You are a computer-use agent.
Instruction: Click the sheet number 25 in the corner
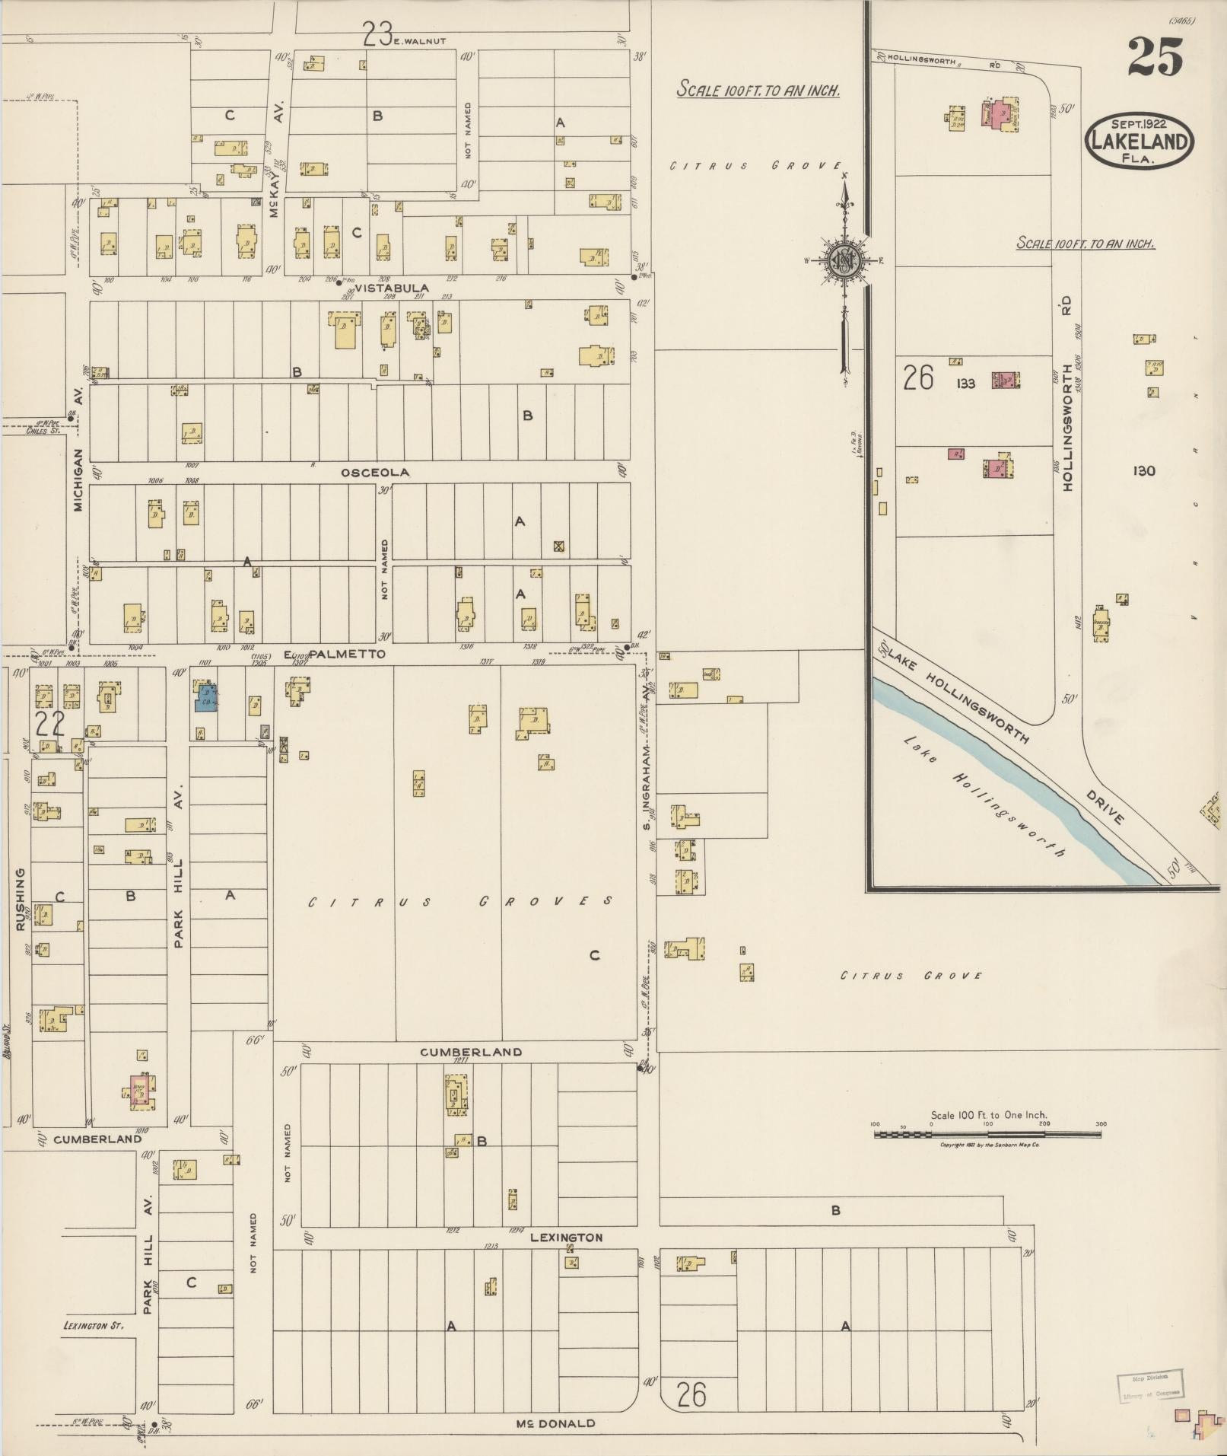1155,58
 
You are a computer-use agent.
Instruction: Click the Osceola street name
375,473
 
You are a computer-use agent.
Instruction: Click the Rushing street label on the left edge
20,905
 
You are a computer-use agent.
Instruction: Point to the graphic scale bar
987,1134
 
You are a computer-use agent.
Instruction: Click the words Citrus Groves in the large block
461,902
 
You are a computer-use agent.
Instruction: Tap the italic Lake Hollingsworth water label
984,796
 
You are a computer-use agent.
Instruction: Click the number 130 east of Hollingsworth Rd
1143,471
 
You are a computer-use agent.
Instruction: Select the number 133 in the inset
965,384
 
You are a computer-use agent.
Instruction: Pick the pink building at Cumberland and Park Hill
139,1089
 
